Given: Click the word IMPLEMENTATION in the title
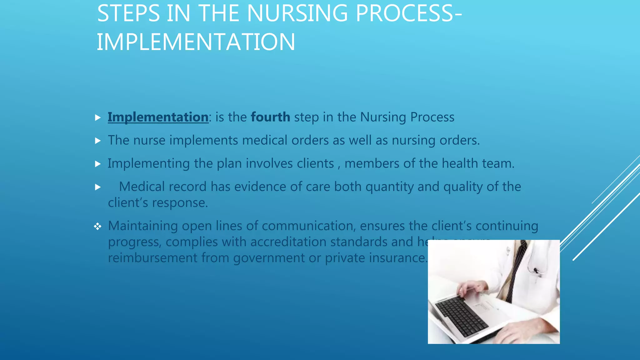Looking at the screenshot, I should (196, 42).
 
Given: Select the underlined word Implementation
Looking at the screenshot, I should (158, 117).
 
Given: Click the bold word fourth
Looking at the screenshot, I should (270, 117).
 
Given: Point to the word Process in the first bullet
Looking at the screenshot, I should (432, 117).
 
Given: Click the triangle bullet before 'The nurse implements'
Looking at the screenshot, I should (98, 141).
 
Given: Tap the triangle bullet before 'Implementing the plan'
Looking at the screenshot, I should (98, 164).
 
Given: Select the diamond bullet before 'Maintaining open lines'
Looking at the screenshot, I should (97, 226).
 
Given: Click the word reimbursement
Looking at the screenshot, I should (152, 258).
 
